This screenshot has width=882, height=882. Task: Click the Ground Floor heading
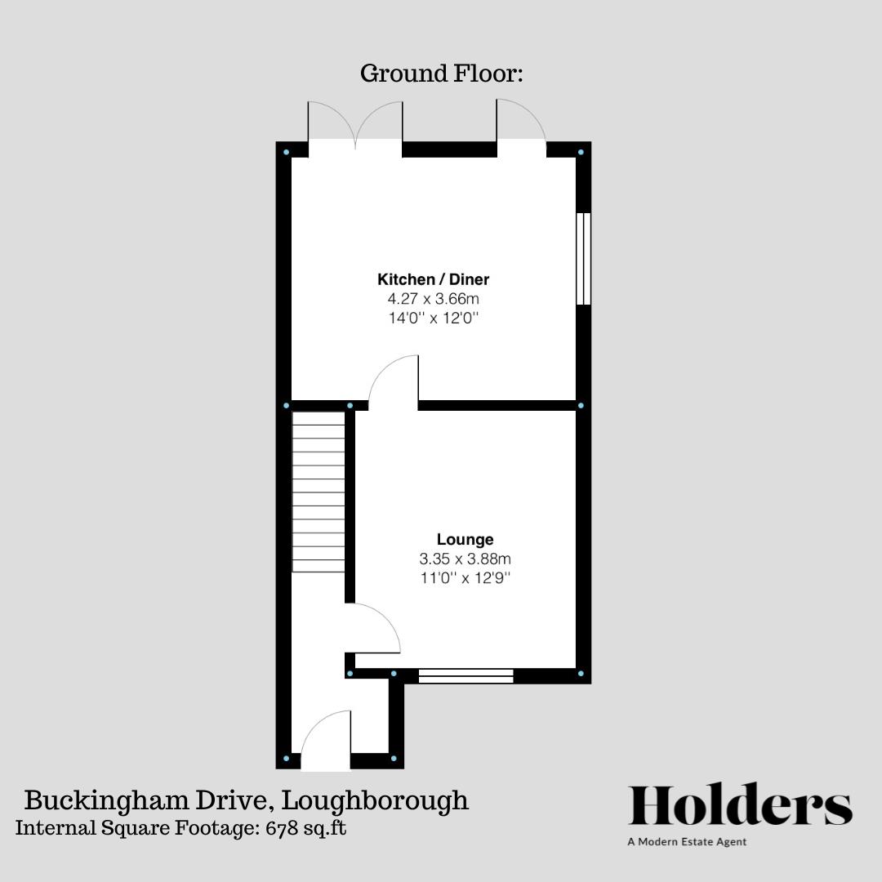441,73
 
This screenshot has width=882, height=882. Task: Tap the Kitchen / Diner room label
433,279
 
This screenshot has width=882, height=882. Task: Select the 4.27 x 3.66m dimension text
433,299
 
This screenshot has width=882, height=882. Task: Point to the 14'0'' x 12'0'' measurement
433,318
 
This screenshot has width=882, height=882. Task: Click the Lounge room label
465,540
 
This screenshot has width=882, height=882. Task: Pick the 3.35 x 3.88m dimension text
465,559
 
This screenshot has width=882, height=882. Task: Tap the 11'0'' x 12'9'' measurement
465,578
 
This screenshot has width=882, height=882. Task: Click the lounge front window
465,675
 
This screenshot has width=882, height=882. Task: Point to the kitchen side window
583,259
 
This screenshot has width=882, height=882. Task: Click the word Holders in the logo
740,807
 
